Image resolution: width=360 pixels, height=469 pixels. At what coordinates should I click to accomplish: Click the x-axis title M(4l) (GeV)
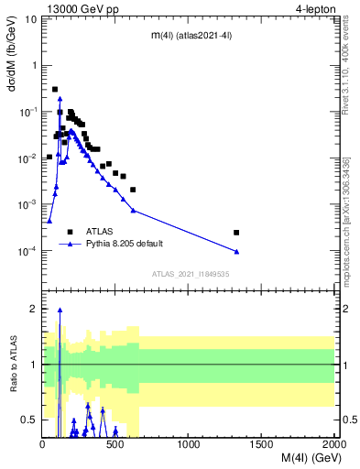[x=300, y=459]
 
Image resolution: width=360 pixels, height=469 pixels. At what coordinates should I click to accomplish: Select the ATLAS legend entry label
[x=100, y=232]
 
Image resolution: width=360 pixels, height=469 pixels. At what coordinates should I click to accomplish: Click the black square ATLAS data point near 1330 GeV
[x=236, y=233]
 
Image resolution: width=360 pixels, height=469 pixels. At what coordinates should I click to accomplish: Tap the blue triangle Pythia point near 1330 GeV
[x=236, y=251]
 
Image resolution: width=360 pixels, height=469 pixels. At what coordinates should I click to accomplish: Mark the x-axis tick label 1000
[x=189, y=445]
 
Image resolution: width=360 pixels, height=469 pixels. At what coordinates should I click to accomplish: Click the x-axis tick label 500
[x=116, y=445]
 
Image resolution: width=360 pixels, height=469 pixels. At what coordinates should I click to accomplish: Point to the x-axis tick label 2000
[x=333, y=445]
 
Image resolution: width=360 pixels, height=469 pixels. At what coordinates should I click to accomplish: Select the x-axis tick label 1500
[x=262, y=445]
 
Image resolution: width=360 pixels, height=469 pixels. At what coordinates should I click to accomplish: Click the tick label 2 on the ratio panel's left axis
[x=32, y=310]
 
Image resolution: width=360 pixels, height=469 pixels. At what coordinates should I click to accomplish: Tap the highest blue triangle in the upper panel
[x=60, y=98]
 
